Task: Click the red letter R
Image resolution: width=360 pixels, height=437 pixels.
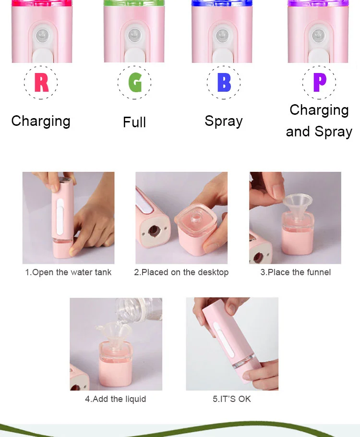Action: pyautogui.click(x=41, y=82)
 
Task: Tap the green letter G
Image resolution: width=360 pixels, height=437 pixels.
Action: pyautogui.click(x=135, y=82)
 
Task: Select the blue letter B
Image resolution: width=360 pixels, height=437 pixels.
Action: pyautogui.click(x=224, y=82)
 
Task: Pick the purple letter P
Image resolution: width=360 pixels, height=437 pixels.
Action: pyautogui.click(x=320, y=82)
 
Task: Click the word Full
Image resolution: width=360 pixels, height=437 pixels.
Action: pyautogui.click(x=134, y=122)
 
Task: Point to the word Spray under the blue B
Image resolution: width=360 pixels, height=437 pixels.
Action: pyautogui.click(x=224, y=121)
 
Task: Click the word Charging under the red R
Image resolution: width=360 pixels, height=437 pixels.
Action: pyautogui.click(x=41, y=121)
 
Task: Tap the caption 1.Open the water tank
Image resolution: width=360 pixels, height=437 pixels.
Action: pyautogui.click(x=68, y=272)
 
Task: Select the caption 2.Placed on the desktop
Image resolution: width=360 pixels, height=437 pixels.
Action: pyautogui.click(x=181, y=272)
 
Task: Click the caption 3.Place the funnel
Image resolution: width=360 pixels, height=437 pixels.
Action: pyautogui.click(x=295, y=272)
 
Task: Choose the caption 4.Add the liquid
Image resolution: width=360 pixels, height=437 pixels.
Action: pyautogui.click(x=115, y=399)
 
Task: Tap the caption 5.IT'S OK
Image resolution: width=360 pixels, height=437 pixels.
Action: pyautogui.click(x=232, y=399)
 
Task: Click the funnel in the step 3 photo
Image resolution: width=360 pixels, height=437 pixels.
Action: pyautogui.click(x=298, y=206)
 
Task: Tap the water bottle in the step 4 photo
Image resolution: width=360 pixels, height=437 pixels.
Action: pyautogui.click(x=139, y=309)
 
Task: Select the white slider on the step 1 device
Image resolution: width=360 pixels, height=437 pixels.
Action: pyautogui.click(x=60, y=216)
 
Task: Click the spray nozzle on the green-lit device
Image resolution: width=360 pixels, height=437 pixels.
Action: pyautogui.click(x=135, y=35)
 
